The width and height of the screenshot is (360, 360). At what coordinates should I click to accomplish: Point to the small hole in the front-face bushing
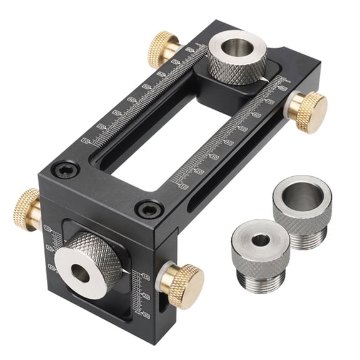click(79, 271)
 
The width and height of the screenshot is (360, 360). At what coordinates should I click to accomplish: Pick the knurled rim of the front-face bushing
click(106, 250)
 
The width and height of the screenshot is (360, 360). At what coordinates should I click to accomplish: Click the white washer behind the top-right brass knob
click(292, 107)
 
